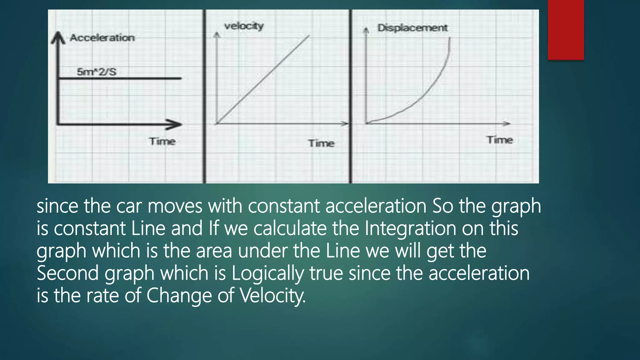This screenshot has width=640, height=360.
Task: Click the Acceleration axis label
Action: coord(102,38)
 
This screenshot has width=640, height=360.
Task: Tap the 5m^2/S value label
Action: coord(97,72)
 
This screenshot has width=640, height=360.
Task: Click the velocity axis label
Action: coord(244,26)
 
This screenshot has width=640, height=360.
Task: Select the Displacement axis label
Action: coord(412,28)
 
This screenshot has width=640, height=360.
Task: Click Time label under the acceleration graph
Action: coord(162,141)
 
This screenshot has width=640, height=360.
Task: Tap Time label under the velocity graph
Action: coord(321,143)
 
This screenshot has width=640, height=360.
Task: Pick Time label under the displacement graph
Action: coord(499,140)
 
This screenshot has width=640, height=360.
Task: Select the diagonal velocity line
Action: coord(262,79)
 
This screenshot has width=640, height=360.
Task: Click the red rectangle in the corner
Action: coord(566,30)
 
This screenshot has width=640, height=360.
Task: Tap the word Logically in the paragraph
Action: coord(267,273)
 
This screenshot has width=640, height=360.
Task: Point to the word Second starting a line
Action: coord(67,273)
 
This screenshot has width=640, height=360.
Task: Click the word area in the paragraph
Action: coord(214,251)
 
